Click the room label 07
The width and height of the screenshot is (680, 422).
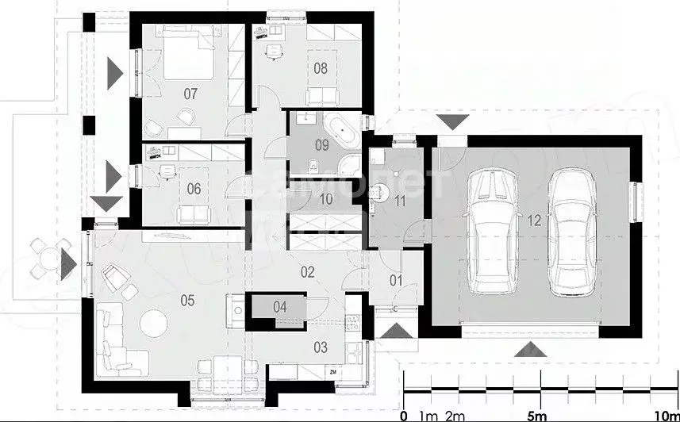coord(190,94)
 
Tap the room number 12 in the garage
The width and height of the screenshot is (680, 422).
coord(533,221)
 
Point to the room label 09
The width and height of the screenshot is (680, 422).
coord(321,144)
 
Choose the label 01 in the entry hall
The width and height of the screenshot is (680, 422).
coord(396,279)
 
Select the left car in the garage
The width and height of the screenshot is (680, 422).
coord(492,229)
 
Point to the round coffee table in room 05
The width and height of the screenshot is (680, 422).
coord(152,321)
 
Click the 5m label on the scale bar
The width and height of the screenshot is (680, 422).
coord(537,415)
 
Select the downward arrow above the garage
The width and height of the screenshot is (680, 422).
coord(454,121)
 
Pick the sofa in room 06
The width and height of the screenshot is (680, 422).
coord(191,213)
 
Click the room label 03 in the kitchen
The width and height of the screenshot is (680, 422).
coord(321,347)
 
